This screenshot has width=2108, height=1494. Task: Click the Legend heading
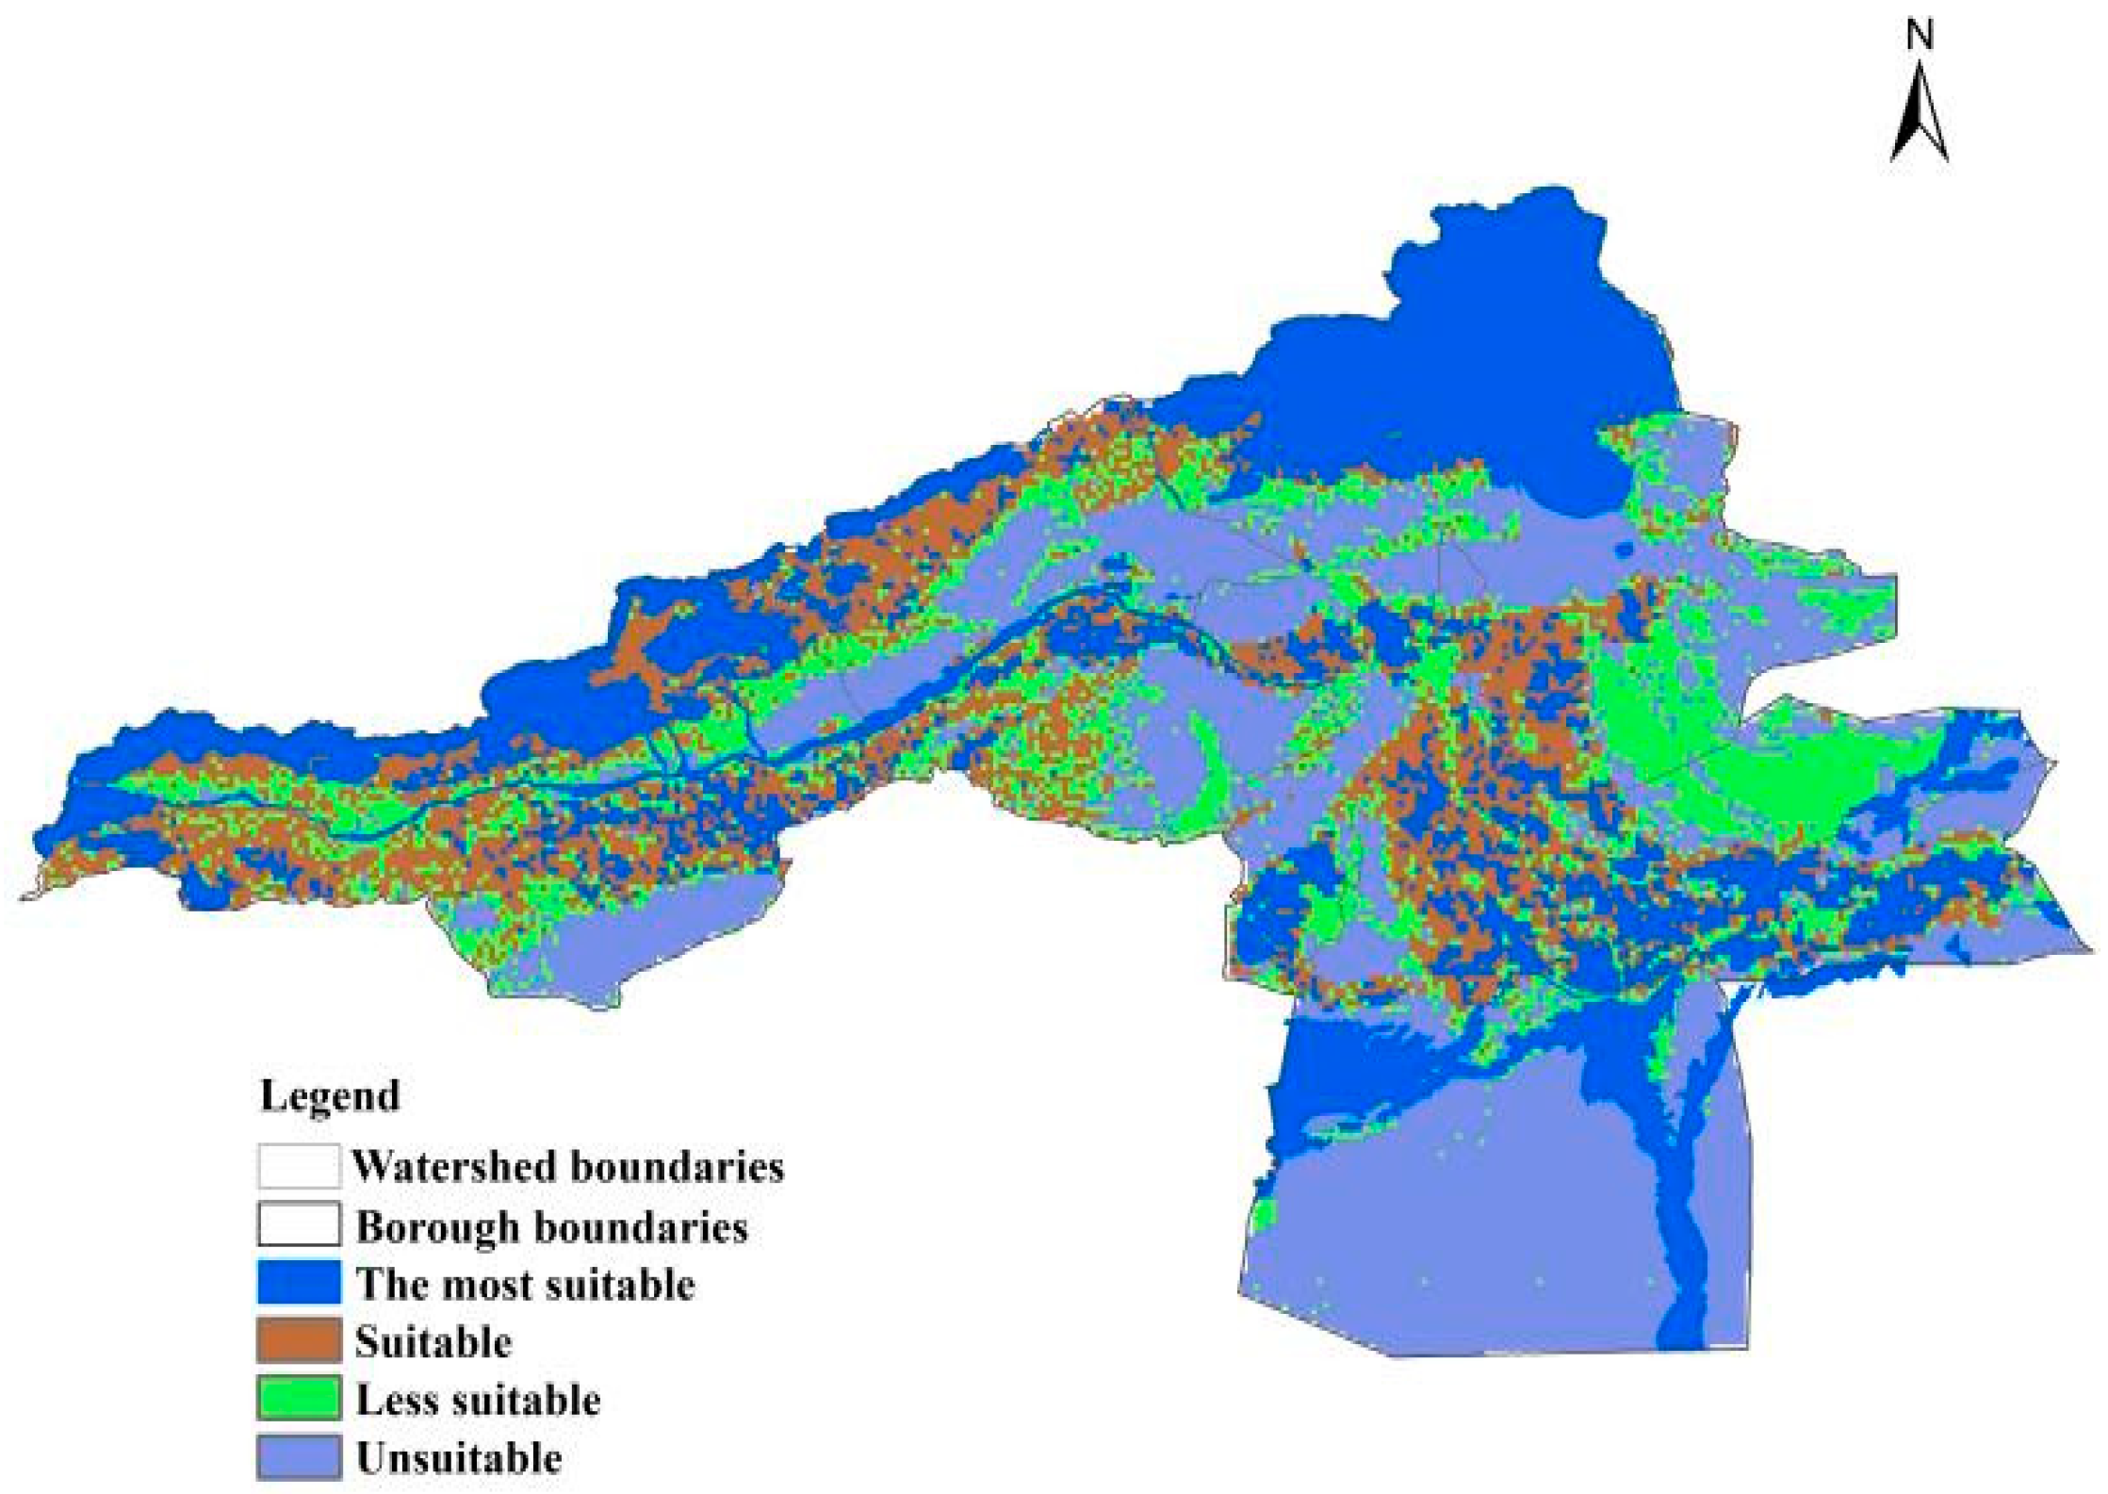click(x=330, y=1096)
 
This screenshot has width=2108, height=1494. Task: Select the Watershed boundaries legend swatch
click(x=298, y=1166)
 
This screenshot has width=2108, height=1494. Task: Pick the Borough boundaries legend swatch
click(x=298, y=1224)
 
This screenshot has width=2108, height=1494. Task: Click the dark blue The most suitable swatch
click(x=298, y=1283)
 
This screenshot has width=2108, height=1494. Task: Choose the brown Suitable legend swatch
click(x=298, y=1340)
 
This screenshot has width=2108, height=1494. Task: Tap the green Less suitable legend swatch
click(x=298, y=1399)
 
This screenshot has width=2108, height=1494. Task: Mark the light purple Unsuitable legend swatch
click(x=298, y=1457)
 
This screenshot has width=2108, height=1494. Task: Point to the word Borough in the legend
click(x=437, y=1227)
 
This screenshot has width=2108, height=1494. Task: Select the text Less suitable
click(x=478, y=1401)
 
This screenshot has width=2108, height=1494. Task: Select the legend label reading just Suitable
click(x=433, y=1342)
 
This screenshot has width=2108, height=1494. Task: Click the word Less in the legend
click(x=396, y=1401)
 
